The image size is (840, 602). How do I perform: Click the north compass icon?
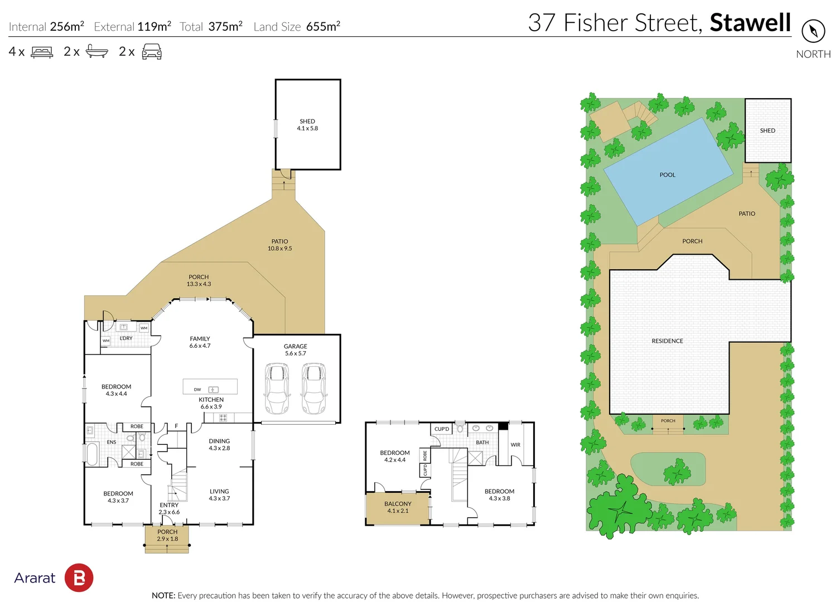tap(813, 31)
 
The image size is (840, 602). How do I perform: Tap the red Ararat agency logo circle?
tap(79, 577)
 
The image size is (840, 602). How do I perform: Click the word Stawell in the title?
tap(750, 23)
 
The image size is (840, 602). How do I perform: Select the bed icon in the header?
tap(42, 52)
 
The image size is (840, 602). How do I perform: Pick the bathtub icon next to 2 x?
tap(96, 52)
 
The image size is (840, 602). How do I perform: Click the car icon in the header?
tap(152, 52)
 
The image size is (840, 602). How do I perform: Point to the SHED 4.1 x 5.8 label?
tap(307, 125)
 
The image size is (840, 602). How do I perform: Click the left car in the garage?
tap(277, 389)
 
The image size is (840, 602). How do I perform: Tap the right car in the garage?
tap(314, 389)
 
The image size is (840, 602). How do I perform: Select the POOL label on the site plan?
tap(667, 175)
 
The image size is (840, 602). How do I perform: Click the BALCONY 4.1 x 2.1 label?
tap(398, 507)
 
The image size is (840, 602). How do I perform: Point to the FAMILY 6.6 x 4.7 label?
tap(200, 342)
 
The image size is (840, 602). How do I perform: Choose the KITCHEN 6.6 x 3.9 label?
tap(211, 403)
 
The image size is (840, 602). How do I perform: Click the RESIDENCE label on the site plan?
tap(667, 341)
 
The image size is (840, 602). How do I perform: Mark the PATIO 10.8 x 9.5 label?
tap(279, 245)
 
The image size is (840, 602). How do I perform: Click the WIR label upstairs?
tap(515, 445)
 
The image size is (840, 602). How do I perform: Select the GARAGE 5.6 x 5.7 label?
tap(295, 349)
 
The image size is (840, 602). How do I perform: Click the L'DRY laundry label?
tap(126, 338)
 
